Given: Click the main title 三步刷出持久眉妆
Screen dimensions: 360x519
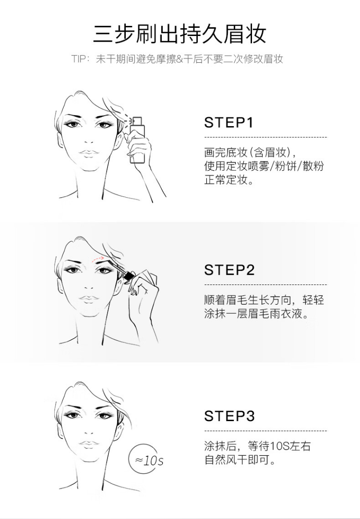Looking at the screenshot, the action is (x=180, y=34).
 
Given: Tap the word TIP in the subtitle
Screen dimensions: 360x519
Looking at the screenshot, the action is (x=78, y=59).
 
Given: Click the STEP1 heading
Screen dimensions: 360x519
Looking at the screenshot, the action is (x=228, y=122).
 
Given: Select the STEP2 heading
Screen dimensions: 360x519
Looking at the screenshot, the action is (x=229, y=270).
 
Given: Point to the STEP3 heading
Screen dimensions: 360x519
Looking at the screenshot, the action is (x=229, y=416).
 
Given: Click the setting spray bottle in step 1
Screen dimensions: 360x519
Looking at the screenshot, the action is (x=137, y=140).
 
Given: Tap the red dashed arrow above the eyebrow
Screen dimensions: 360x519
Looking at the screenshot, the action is (x=98, y=258).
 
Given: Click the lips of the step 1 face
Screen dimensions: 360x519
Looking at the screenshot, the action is (x=89, y=153).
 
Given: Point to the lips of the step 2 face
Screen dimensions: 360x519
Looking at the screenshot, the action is (x=89, y=299).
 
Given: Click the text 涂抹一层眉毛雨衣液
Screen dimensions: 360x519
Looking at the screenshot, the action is (x=253, y=313).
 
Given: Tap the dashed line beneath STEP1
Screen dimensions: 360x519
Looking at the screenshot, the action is (x=265, y=137).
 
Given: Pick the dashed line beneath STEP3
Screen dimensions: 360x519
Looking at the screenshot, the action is (x=265, y=431).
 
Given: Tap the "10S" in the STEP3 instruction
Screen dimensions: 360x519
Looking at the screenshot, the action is (x=280, y=447).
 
